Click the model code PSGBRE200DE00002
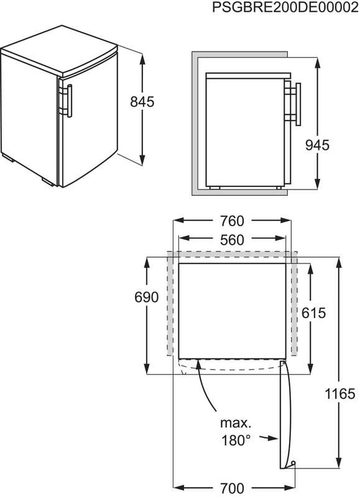[285, 7]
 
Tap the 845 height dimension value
[142, 102]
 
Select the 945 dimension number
[317, 145]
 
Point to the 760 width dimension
[232, 221]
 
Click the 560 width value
[232, 240]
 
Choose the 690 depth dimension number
[147, 298]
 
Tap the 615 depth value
[313, 313]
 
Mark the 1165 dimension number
[339, 394]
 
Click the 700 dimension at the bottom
[232, 488]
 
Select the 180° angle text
[236, 440]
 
